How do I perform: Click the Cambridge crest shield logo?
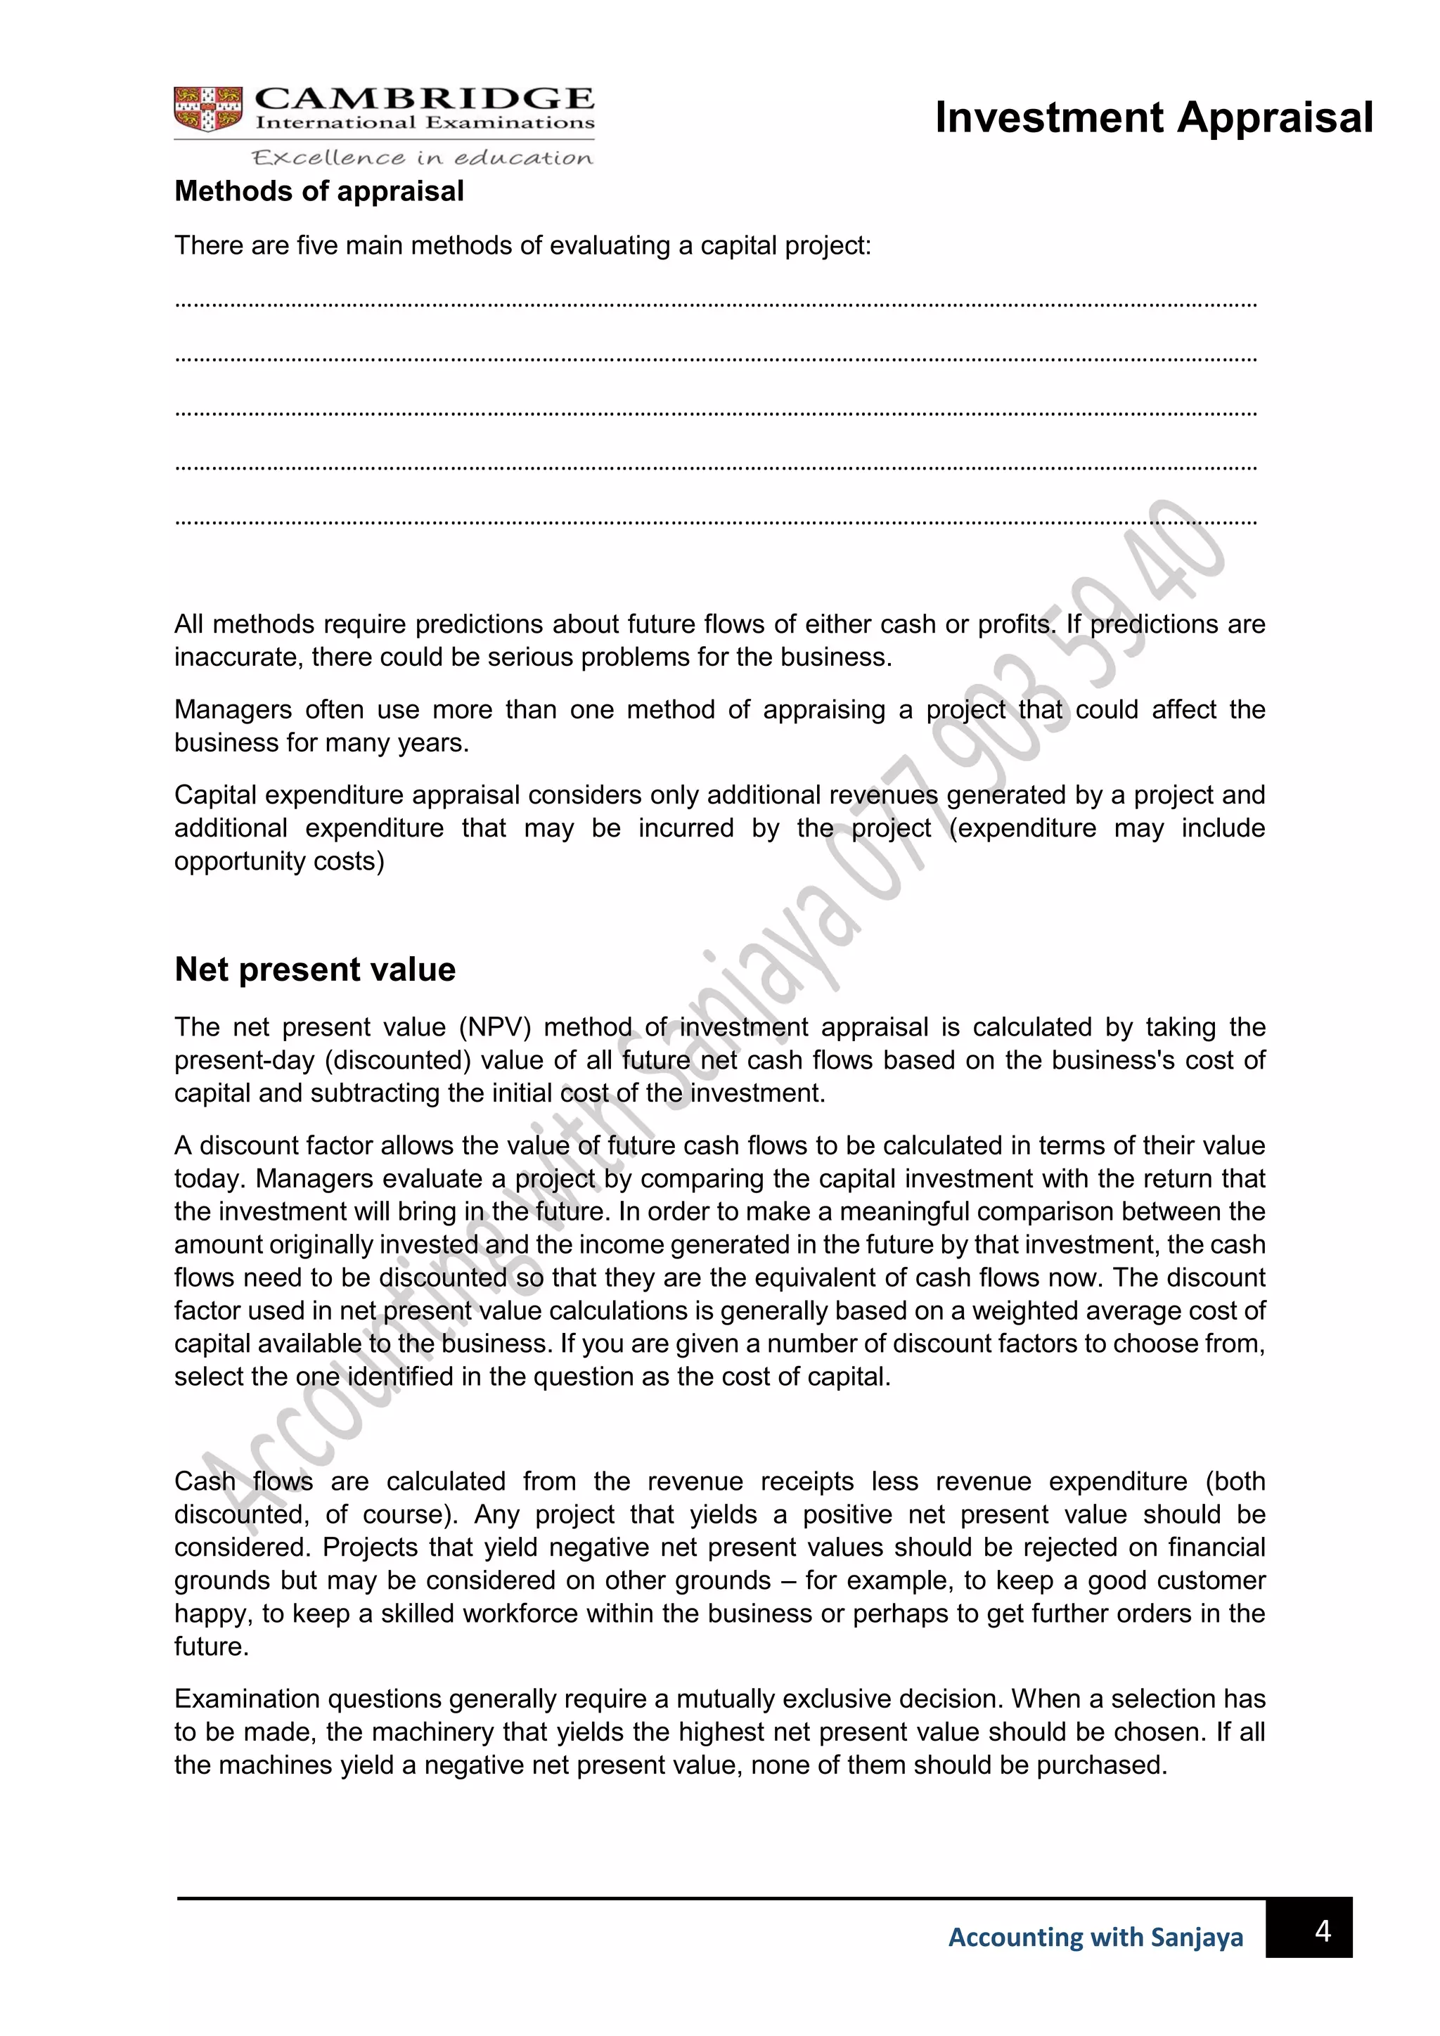208,109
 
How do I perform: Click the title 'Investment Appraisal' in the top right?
1154,118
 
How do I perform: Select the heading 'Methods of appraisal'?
319,191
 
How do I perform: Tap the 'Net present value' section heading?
315,969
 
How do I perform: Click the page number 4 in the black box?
1322,1931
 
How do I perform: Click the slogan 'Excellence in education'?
422,158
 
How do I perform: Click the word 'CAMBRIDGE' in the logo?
425,98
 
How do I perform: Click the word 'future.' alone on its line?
211,1647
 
